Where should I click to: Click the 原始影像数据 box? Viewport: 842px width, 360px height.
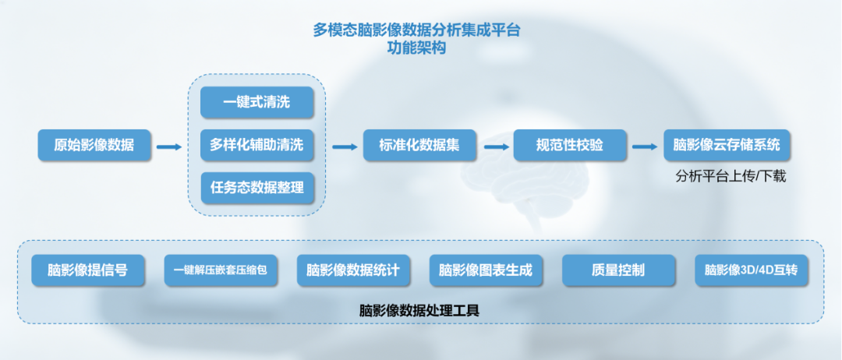[x=94, y=145]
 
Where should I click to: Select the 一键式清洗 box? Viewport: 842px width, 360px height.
[x=257, y=102]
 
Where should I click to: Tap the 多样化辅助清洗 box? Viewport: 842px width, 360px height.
[x=257, y=145]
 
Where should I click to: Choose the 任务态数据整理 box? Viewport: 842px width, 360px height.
[x=257, y=188]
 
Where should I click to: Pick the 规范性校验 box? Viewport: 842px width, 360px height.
[x=570, y=145]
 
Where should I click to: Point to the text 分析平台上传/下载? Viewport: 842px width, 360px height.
[x=730, y=177]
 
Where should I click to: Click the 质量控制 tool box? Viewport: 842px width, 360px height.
[x=618, y=270]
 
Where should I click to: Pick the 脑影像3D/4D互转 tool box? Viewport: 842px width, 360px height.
[x=751, y=270]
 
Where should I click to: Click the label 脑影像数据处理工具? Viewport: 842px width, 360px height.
[x=419, y=309]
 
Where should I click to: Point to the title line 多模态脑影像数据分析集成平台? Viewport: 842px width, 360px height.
[x=416, y=30]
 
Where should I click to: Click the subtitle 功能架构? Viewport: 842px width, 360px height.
[x=416, y=48]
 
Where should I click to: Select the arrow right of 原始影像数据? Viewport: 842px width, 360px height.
[x=169, y=146]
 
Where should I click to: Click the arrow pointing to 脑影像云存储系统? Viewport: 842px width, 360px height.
[x=644, y=146]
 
